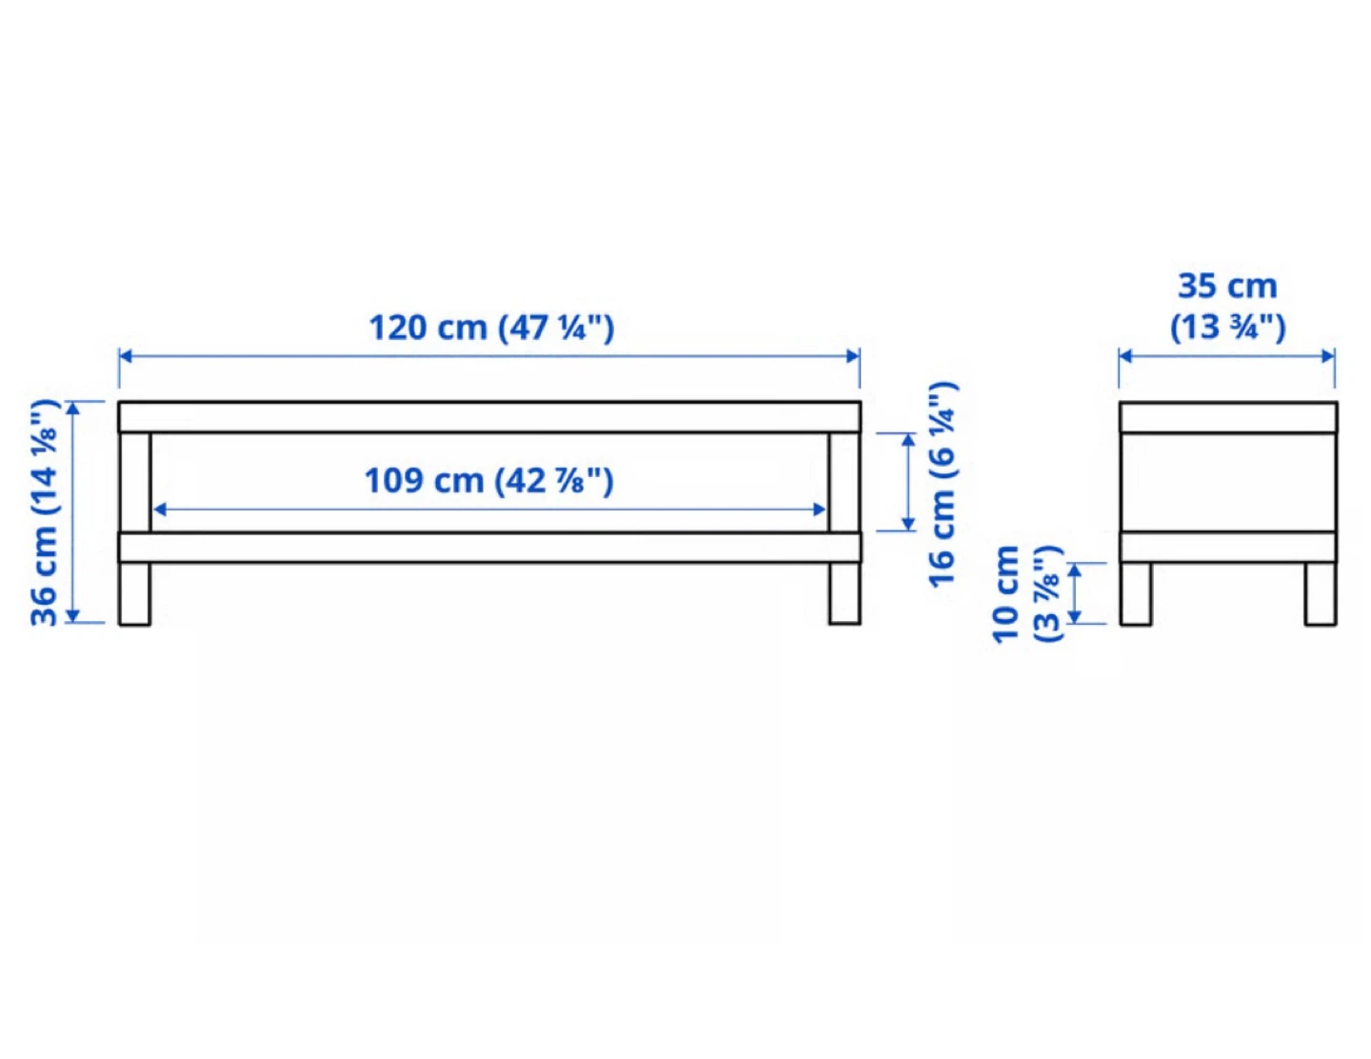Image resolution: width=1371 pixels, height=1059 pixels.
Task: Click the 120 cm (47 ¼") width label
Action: pyautogui.click(x=491, y=329)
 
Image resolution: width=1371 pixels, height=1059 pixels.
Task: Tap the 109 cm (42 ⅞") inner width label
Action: pyautogui.click(x=489, y=481)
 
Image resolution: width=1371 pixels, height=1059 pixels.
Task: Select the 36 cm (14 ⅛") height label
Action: pyautogui.click(x=46, y=511)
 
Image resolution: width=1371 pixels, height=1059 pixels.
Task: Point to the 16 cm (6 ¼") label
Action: pyautogui.click(x=944, y=484)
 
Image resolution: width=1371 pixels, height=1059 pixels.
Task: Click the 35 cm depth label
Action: pyautogui.click(x=1227, y=286)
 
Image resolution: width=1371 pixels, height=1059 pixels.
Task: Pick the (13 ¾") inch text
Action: pyautogui.click(x=1227, y=328)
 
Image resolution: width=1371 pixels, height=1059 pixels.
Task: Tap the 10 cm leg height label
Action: pyautogui.click(x=1005, y=594)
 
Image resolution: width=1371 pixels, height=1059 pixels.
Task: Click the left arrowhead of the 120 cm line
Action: pyautogui.click(x=125, y=356)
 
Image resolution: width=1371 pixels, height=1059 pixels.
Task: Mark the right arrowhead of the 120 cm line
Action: pyautogui.click(x=853, y=356)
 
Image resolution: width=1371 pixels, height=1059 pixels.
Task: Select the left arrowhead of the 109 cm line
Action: pyautogui.click(x=160, y=510)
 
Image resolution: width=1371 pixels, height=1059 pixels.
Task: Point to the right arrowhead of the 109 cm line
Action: pyautogui.click(x=820, y=510)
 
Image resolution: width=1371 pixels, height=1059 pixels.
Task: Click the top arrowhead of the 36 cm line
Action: pyautogui.click(x=73, y=409)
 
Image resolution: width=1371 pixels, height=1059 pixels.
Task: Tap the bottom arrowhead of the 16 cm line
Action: pyautogui.click(x=908, y=524)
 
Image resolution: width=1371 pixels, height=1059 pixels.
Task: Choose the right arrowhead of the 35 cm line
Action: pyautogui.click(x=1328, y=356)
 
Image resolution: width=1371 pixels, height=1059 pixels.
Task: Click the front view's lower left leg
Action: pyautogui.click(x=135, y=593)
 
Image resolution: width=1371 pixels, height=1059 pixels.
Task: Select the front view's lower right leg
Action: pyautogui.click(x=844, y=593)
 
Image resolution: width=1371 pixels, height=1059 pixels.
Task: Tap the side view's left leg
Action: pyautogui.click(x=1136, y=594)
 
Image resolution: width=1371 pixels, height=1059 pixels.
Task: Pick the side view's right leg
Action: pyautogui.click(x=1321, y=594)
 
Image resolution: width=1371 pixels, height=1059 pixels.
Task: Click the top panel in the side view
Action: pyautogui.click(x=1228, y=417)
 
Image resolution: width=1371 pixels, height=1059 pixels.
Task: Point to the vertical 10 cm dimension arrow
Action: pyautogui.click(x=1075, y=593)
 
